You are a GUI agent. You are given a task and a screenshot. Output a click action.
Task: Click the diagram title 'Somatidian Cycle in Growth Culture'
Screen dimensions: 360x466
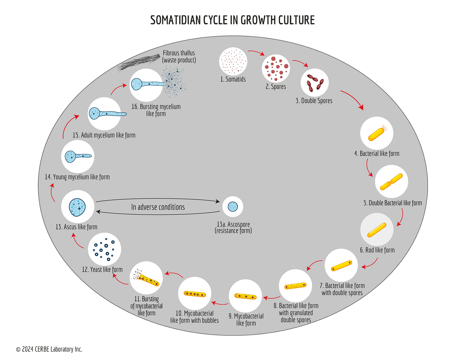coord(233,20)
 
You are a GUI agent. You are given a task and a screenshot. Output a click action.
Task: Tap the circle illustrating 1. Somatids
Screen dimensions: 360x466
coord(233,61)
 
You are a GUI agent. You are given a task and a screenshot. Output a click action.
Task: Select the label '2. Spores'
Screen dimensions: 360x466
coord(276,87)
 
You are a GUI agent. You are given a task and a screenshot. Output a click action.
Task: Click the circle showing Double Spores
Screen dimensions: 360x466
coord(315,82)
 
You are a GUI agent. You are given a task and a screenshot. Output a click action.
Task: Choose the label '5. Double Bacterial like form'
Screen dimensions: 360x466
coord(392,203)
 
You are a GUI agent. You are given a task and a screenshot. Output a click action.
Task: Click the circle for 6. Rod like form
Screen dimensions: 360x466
coord(376,229)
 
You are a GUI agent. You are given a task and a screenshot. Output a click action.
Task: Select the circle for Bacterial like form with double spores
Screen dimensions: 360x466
coord(341,265)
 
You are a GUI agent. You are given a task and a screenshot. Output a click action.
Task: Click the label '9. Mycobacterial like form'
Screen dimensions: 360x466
coord(246,320)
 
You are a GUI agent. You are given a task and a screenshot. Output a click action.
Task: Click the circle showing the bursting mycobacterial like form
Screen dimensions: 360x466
coord(146,278)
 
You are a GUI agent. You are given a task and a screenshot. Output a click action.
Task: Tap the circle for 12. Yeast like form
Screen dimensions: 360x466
coord(104,249)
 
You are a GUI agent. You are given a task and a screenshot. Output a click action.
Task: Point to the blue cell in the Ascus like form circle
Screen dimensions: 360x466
coord(77,207)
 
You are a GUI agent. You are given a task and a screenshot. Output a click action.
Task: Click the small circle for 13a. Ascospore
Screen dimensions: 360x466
coord(233,206)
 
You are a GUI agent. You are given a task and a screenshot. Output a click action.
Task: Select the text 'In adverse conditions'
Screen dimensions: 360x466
coord(158,207)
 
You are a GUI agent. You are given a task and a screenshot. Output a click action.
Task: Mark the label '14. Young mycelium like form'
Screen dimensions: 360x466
coord(77,177)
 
